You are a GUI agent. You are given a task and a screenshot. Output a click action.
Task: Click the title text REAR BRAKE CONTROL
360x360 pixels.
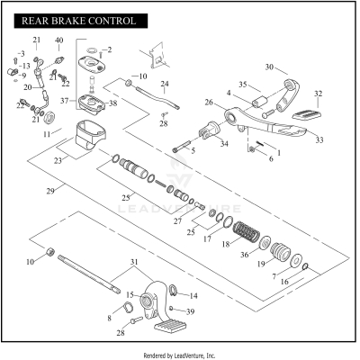73,20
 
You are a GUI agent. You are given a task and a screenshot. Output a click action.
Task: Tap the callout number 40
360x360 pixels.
59,41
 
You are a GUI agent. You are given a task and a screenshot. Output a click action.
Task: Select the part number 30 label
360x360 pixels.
269,67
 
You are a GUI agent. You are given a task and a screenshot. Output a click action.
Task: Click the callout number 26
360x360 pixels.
208,103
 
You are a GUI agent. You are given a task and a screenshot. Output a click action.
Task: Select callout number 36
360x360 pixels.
246,256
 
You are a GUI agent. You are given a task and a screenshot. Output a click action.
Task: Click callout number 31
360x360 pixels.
135,262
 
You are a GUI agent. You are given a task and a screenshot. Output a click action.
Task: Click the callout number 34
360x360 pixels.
224,143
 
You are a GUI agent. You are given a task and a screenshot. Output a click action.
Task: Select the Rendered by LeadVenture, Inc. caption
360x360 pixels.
180,355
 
